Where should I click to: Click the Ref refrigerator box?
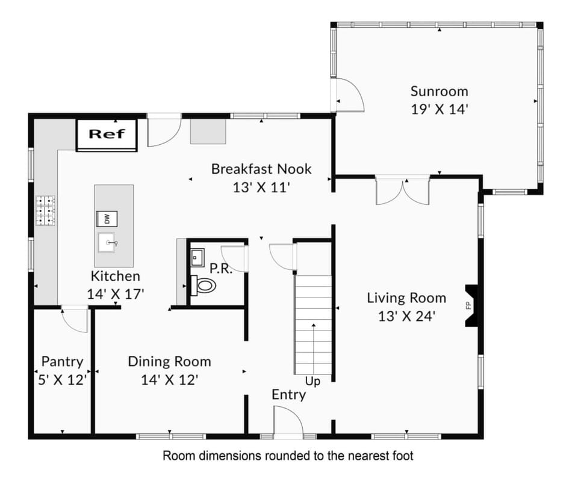click(x=107, y=135)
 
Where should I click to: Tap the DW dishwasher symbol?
click(x=107, y=219)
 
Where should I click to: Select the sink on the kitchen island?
click(x=107, y=242)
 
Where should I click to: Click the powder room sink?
click(x=197, y=258)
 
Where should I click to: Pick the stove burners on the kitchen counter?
click(x=46, y=210)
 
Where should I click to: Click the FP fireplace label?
click(x=469, y=305)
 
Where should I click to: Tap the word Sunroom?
click(x=440, y=91)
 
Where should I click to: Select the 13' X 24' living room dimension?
click(x=406, y=316)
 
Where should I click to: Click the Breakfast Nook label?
click(x=261, y=169)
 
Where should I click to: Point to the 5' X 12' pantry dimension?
click(x=62, y=379)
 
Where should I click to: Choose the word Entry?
click(x=288, y=395)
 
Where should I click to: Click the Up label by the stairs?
click(x=312, y=382)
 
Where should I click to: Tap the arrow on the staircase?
click(x=314, y=349)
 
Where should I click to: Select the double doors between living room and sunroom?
click(x=403, y=191)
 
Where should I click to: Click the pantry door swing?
click(x=74, y=320)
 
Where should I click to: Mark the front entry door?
click(x=288, y=421)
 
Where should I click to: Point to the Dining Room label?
click(x=169, y=361)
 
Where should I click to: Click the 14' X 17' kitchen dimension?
click(x=116, y=294)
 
